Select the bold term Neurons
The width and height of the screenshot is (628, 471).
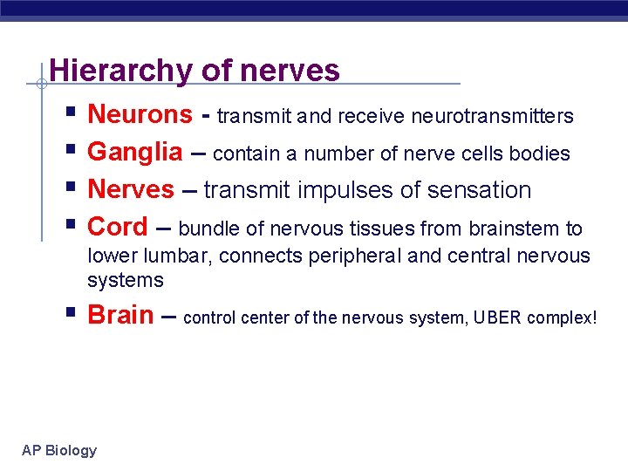[140, 114]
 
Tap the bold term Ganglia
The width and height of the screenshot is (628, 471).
[135, 153]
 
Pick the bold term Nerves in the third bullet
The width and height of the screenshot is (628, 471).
[131, 189]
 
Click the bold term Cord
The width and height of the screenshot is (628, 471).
[118, 227]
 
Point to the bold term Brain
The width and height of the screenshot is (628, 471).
[120, 315]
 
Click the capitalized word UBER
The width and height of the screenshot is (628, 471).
[497, 317]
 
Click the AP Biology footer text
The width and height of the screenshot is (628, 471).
[59, 450]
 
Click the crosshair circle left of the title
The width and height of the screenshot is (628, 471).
[40, 84]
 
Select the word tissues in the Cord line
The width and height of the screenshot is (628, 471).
[383, 229]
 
